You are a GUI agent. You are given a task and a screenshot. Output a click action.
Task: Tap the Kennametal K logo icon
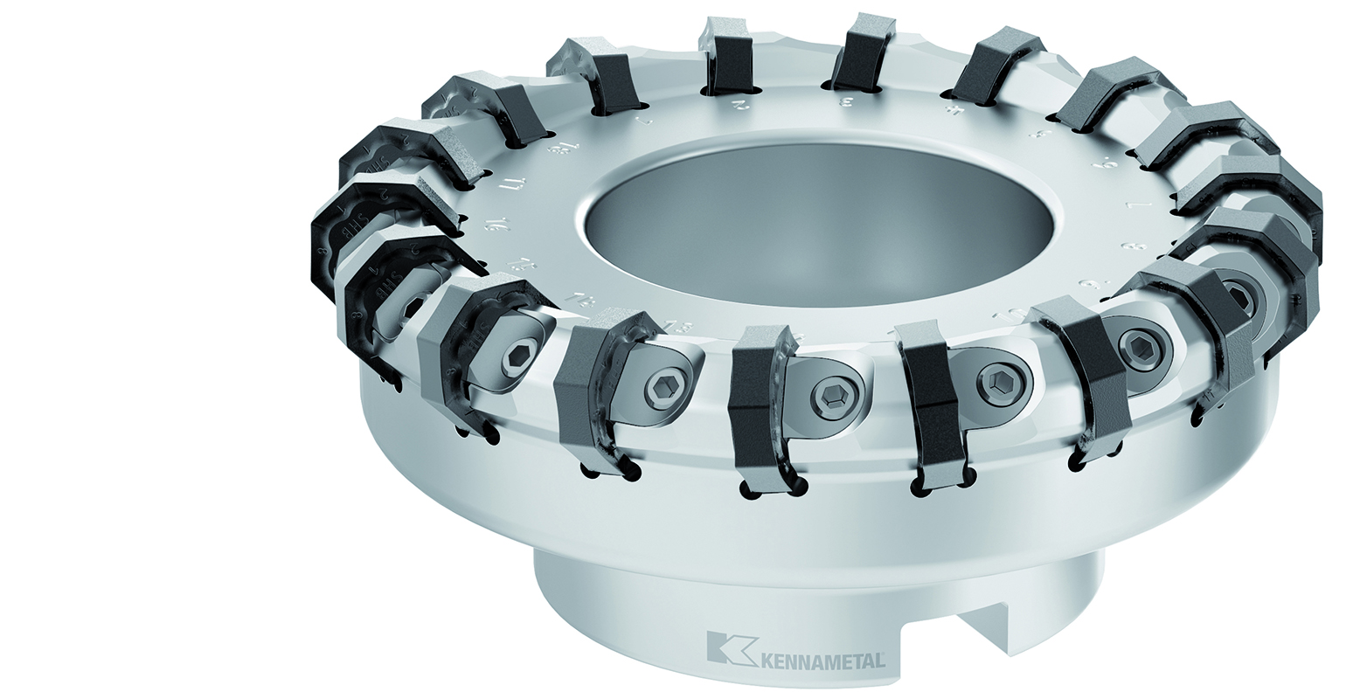[722, 647]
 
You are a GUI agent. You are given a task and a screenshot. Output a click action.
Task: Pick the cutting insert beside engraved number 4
[989, 65]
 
